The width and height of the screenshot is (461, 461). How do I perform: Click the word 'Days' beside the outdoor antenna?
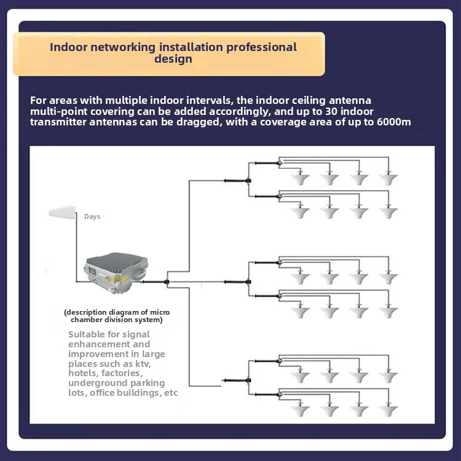coord(92,217)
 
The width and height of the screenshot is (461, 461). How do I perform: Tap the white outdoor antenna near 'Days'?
coord(62,213)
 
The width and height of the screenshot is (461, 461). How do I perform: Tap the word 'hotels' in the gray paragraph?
coord(83,373)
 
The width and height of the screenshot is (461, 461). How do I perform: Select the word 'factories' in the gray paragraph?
coord(122,373)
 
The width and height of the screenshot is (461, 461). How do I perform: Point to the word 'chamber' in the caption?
coord(87,320)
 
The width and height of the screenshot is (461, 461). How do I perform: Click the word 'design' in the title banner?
coord(173,59)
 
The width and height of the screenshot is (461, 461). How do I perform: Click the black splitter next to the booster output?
coord(167,282)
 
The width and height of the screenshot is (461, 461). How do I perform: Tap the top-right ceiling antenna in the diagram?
coord(387,179)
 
